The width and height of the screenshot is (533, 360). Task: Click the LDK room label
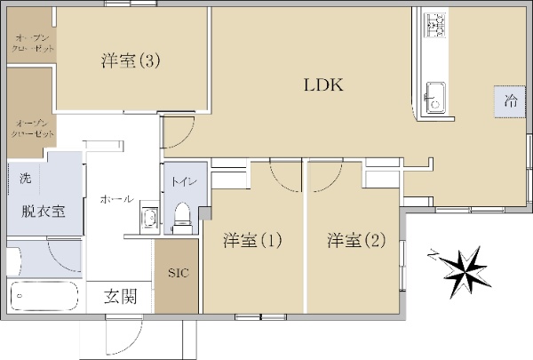tap(323, 86)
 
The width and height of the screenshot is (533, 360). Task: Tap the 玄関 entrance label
tap(120, 297)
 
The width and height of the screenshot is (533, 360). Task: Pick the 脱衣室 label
tap(43, 211)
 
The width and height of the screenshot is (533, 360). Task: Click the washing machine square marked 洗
tap(25, 179)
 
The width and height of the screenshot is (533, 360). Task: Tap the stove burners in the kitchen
tap(436, 27)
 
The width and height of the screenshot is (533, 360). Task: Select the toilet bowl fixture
tap(183, 216)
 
